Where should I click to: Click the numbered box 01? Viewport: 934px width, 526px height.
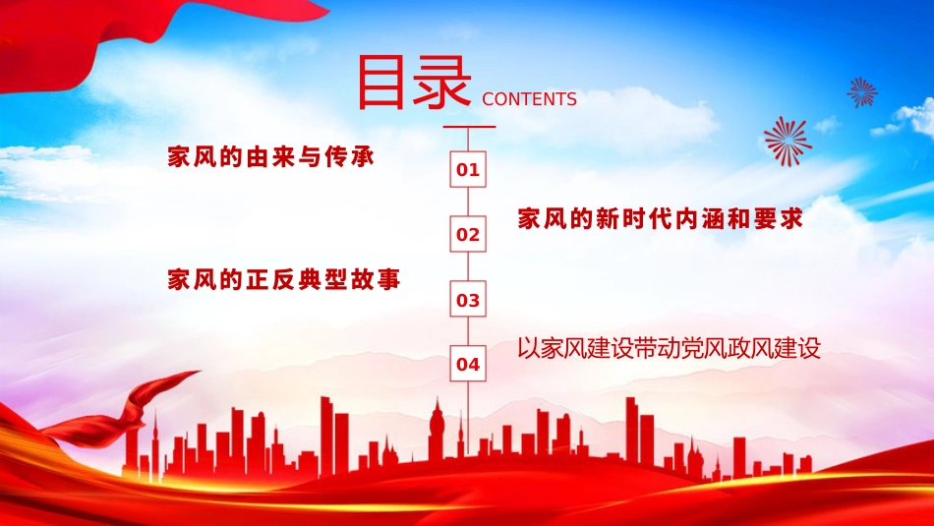pyautogui.click(x=468, y=170)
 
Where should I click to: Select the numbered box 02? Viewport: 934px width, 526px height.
pyautogui.click(x=468, y=235)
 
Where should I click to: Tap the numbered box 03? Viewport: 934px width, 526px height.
pyautogui.click(x=468, y=300)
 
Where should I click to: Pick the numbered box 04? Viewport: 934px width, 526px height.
pyautogui.click(x=468, y=365)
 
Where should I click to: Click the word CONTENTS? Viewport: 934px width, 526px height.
pyautogui.click(x=530, y=99)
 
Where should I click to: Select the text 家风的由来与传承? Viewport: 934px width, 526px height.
pyautogui.click(x=271, y=157)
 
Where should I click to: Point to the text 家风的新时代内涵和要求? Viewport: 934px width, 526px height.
pyautogui.click(x=661, y=219)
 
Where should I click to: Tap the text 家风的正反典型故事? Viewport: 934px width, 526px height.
pyautogui.click(x=284, y=280)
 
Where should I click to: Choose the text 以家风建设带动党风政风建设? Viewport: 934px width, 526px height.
pyautogui.click(x=669, y=348)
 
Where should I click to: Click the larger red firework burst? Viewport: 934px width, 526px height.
pyautogui.click(x=788, y=141)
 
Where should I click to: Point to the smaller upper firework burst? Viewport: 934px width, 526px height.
pyautogui.click(x=862, y=92)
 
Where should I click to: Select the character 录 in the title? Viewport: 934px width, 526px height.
pyautogui.click(x=442, y=83)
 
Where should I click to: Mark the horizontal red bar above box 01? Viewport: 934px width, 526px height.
pyautogui.click(x=469, y=127)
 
